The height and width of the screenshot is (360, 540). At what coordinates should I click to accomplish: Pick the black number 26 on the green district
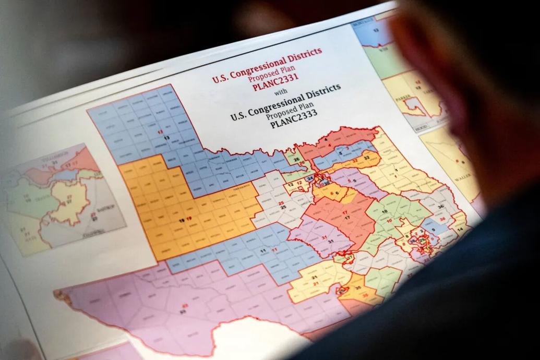point(296,160)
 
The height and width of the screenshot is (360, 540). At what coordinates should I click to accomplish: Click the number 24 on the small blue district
point(310,178)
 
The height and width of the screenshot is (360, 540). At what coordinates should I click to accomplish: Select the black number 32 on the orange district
point(367,157)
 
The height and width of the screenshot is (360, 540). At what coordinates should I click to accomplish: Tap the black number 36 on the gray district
point(441,207)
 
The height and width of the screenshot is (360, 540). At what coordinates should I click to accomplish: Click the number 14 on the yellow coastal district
point(460,230)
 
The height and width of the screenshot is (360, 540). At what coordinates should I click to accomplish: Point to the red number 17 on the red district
point(345,212)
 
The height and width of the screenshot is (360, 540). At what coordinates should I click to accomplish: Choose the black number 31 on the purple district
point(331,241)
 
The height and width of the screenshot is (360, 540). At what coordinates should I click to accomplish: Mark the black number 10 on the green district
point(385,211)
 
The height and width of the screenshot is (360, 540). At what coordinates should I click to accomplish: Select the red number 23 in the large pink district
point(184,305)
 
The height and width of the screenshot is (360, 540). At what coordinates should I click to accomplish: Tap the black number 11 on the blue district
point(261,251)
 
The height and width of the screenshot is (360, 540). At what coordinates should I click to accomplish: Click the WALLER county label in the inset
point(459,179)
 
